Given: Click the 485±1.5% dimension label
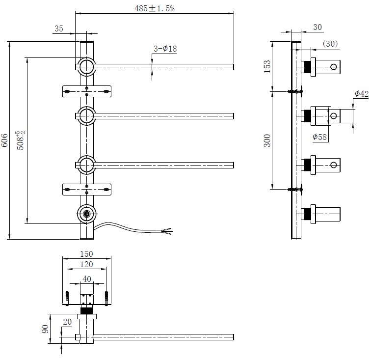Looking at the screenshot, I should point(155,8).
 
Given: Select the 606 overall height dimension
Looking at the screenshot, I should point(5,141).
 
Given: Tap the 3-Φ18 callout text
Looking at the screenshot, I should point(165,49).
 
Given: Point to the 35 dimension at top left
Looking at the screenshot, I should point(59,29).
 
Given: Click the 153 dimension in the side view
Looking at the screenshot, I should point(267,66).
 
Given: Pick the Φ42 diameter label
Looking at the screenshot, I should point(361,94).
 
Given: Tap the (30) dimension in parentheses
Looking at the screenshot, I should point(330,44).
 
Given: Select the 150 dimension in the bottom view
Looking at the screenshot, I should point(86,254).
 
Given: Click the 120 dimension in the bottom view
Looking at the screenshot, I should point(86,265).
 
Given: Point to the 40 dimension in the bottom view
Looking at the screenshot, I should point(87,278).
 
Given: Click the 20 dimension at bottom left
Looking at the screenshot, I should point(67,321).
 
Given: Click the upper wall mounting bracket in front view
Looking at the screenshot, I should point(87,91).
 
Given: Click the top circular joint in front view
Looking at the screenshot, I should point(87,66).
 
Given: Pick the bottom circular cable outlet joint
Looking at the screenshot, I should point(87,214).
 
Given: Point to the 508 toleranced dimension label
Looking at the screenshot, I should point(20,141).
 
